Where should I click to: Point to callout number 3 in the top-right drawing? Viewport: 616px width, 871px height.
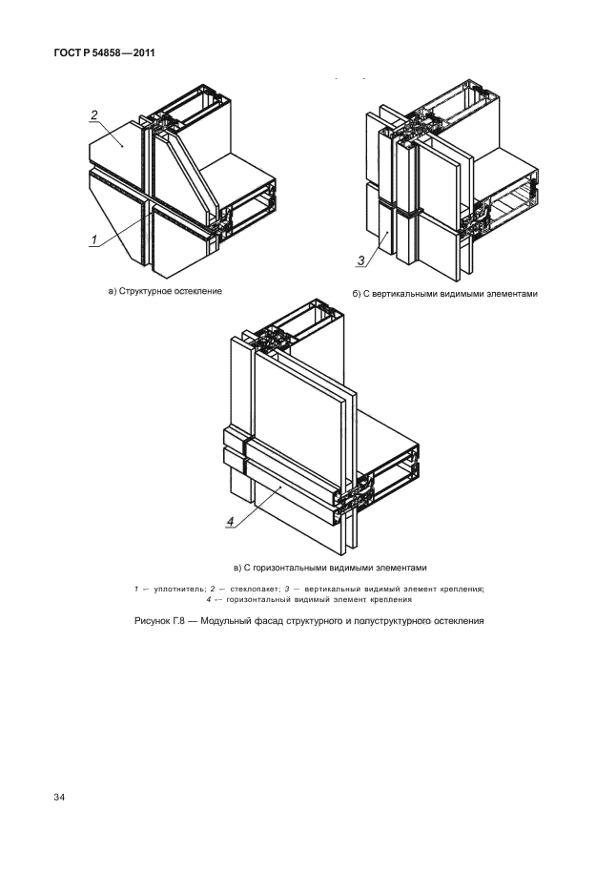click(361, 259)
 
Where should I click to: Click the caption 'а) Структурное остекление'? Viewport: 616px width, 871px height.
click(164, 290)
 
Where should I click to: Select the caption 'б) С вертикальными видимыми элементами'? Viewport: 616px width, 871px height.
click(444, 294)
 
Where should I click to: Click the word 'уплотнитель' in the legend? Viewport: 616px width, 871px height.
click(173, 589)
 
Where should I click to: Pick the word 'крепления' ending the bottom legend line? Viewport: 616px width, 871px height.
click(387, 600)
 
